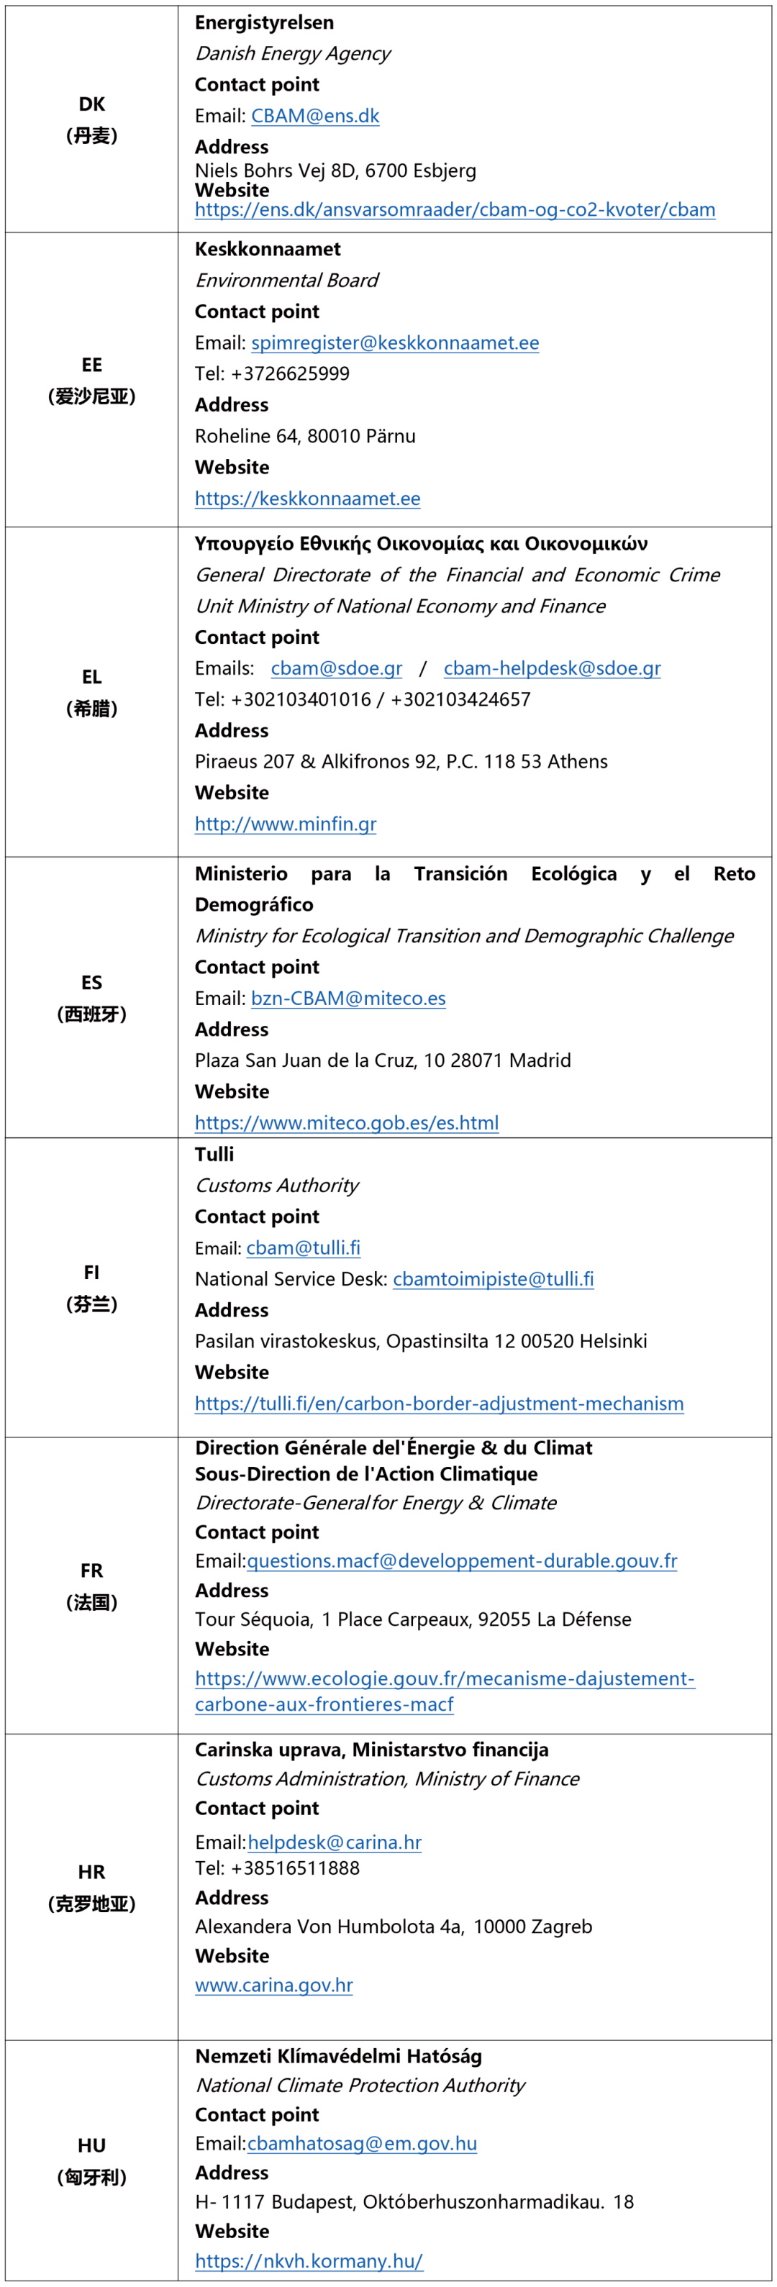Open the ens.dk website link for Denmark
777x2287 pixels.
click(x=455, y=209)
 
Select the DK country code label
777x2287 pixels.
click(x=91, y=104)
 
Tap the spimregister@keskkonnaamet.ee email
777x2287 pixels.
click(x=394, y=342)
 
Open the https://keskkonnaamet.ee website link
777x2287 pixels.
click(x=307, y=499)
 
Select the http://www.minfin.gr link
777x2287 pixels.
click(x=285, y=824)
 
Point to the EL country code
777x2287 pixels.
click(x=91, y=676)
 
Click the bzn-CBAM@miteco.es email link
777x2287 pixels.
click(x=348, y=998)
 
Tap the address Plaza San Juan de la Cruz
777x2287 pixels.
click(x=383, y=1060)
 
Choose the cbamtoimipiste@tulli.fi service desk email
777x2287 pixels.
click(x=493, y=1278)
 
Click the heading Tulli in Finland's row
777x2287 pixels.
click(x=214, y=1154)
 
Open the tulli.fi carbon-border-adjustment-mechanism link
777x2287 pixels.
click(x=439, y=1404)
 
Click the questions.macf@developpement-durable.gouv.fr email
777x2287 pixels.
click(x=462, y=1561)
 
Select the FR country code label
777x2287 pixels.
click(x=91, y=1570)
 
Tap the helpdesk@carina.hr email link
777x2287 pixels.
click(x=334, y=1842)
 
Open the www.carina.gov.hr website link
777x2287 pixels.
click(x=273, y=1984)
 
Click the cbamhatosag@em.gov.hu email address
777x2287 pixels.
click(x=361, y=2143)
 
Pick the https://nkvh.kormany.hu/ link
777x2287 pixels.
click(x=308, y=2260)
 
